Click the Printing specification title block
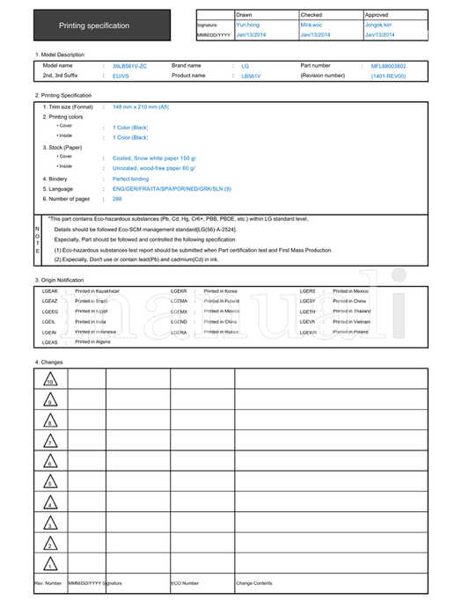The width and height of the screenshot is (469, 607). click(x=94, y=26)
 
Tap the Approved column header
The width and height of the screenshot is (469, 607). click(x=377, y=15)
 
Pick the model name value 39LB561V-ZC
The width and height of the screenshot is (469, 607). click(x=130, y=66)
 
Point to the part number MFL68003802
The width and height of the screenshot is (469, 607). click(x=388, y=66)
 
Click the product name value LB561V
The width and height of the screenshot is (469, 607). click(x=252, y=77)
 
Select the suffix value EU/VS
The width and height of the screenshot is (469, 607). click(x=121, y=77)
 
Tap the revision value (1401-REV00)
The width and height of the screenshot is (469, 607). click(x=388, y=77)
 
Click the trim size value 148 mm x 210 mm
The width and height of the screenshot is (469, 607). click(x=140, y=106)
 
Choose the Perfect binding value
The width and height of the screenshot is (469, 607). click(x=130, y=179)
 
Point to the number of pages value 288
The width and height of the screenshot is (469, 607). click(x=117, y=199)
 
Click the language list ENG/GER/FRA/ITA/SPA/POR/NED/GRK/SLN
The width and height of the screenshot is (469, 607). click(x=172, y=189)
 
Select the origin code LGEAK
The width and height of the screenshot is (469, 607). click(x=50, y=290)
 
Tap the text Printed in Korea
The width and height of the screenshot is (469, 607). click(x=220, y=290)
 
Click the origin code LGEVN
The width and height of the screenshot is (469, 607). click(x=308, y=322)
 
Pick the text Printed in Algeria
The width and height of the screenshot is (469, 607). click(x=94, y=342)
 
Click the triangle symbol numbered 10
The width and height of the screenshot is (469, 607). click(x=50, y=380)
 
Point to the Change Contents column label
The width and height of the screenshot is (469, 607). click(x=253, y=583)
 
